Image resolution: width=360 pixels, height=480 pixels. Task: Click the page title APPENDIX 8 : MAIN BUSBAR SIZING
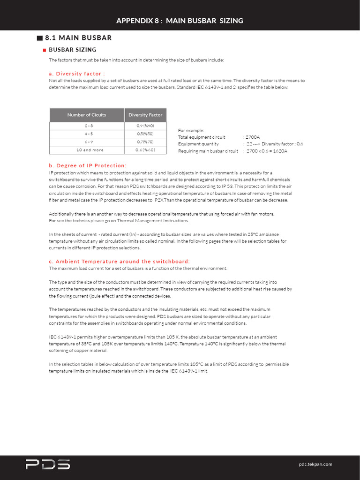[x=180, y=21]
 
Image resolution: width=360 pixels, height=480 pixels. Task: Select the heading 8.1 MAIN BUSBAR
[x=78, y=37]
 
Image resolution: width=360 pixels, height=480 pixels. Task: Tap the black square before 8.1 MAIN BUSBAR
[x=39, y=37]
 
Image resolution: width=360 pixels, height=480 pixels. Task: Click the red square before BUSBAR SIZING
[x=44, y=50]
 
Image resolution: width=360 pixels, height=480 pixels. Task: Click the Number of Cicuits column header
[x=87, y=115]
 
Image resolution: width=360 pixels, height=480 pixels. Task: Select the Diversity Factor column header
[x=145, y=115]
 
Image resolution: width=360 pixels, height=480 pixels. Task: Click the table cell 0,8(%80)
[x=145, y=134]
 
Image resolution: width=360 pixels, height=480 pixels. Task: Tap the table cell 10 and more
[x=87, y=150]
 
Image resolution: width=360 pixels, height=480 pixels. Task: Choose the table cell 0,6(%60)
[x=145, y=150]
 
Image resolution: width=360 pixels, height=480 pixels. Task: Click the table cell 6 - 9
[x=87, y=142]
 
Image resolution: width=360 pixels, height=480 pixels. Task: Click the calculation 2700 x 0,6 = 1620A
[x=267, y=151]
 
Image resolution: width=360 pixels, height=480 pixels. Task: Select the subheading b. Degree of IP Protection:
[x=88, y=165]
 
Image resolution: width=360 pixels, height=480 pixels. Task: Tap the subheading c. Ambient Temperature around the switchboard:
[x=120, y=261]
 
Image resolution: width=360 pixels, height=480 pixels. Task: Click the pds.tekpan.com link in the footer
[x=315, y=464]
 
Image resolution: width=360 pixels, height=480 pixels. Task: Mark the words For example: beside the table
[x=191, y=130]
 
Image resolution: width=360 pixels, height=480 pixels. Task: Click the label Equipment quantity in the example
[x=198, y=144]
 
